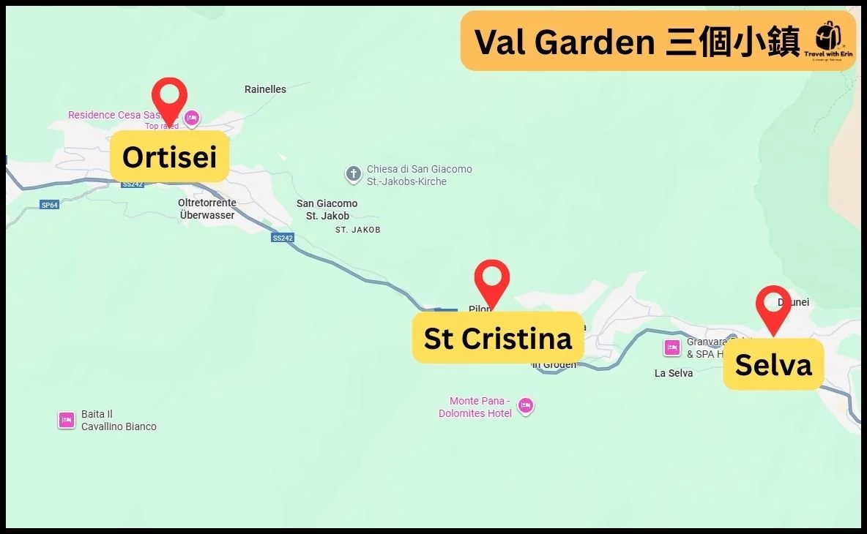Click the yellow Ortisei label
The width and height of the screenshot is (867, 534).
tap(169, 157)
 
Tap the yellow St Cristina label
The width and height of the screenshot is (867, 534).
tap(498, 338)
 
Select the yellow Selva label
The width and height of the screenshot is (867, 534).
tap(773, 364)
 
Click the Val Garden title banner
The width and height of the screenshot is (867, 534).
tap(637, 41)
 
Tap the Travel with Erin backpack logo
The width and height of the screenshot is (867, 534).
tap(829, 40)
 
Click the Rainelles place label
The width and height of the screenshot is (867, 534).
tap(265, 89)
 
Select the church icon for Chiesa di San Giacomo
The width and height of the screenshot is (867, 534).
tap(354, 174)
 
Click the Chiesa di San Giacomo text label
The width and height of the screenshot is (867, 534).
tap(419, 175)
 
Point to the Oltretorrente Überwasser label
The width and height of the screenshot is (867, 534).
tap(207, 208)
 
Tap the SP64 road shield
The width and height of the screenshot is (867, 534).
tap(49, 205)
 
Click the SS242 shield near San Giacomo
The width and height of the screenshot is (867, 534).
tap(282, 238)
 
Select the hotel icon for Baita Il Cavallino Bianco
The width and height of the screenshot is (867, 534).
tap(67, 420)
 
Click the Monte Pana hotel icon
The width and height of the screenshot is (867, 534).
tap(525, 405)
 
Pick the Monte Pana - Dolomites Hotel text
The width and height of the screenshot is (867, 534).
tap(475, 407)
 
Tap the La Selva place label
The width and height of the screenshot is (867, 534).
tap(674, 373)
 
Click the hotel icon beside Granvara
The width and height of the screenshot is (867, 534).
tap(672, 347)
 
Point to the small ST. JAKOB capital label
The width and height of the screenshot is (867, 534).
tap(357, 230)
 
